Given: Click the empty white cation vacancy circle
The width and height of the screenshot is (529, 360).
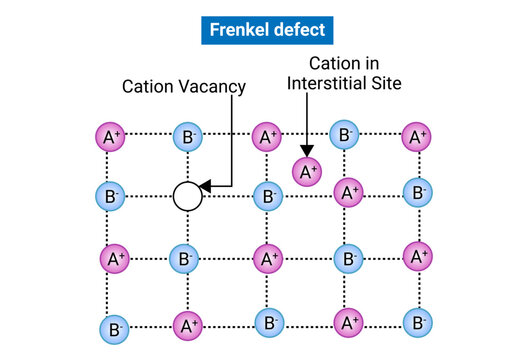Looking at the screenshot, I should tap(187, 196).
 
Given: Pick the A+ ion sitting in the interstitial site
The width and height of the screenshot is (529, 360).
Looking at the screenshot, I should tap(307, 171).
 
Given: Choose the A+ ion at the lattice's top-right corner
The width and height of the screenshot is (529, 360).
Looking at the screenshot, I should tap(416, 136).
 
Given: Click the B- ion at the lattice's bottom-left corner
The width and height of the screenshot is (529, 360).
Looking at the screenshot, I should tap(114, 327).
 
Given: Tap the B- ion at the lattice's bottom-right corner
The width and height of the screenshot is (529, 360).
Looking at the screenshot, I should tap(417, 322).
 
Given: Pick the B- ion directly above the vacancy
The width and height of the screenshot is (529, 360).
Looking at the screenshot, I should tap(187, 136).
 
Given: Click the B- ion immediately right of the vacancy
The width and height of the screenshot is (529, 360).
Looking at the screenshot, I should tap(267, 196).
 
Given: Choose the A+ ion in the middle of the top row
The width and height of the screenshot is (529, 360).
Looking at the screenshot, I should tap(265, 136).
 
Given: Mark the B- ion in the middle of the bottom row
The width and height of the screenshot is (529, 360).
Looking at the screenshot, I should tap(267, 322).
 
